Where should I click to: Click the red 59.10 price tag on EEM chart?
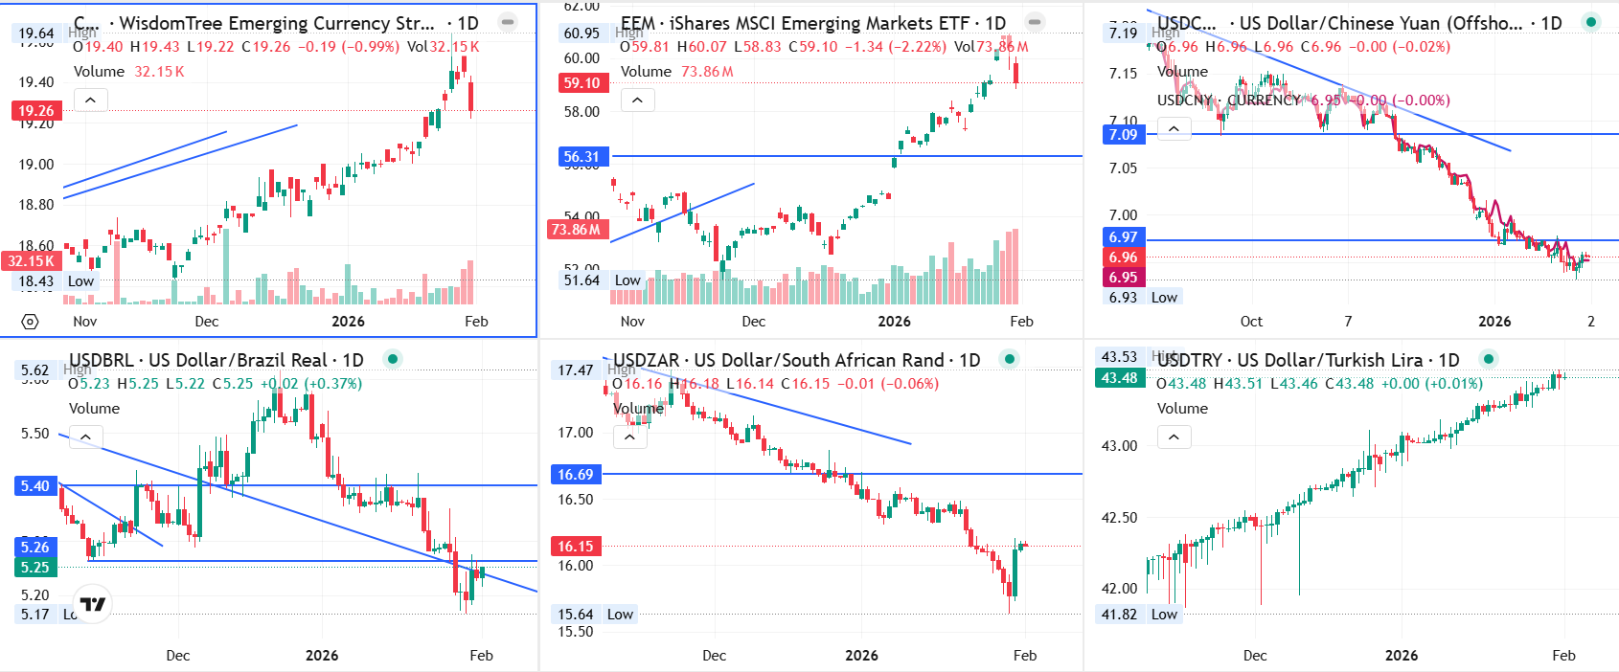581,83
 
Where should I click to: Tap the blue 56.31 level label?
581,157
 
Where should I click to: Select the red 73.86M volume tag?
576,230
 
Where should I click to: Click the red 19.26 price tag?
36,111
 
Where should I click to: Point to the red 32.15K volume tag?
32,260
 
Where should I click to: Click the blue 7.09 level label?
1123,135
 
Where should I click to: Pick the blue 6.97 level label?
1123,237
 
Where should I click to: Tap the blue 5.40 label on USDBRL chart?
35,486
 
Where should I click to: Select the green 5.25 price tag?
35,568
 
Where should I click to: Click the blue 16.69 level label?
576,475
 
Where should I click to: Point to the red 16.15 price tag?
576,547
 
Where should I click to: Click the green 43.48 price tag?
1119,378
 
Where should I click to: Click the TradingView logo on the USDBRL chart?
93,604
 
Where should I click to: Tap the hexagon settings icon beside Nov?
30,322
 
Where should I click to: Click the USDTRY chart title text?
1308,360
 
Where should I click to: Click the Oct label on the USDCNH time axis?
1251,322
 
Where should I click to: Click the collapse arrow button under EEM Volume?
637,100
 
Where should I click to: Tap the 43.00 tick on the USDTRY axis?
1119,446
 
